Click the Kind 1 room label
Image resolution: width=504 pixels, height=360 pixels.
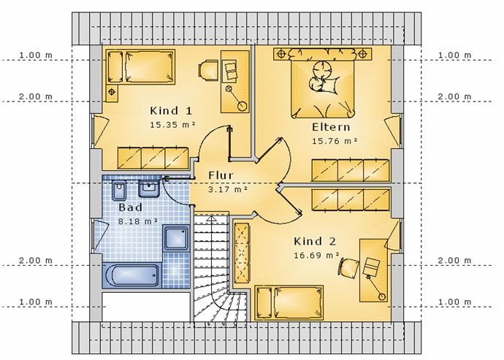click(171, 111)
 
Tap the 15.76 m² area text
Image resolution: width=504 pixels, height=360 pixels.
click(335, 141)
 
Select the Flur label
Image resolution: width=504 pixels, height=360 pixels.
click(221, 175)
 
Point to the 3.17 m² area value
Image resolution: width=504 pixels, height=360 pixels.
click(228, 189)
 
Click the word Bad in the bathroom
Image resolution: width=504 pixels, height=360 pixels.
click(130, 207)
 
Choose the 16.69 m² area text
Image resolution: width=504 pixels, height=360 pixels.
click(316, 256)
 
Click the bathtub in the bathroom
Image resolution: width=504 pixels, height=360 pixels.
click(132, 275)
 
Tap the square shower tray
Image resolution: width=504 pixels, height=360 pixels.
click(176, 238)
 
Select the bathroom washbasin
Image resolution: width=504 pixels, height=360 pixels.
click(149, 188)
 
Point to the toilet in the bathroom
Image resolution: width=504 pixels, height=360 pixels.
click(118, 190)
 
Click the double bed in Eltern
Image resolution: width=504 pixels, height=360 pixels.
click(323, 83)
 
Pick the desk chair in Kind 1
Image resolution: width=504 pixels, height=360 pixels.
click(208, 69)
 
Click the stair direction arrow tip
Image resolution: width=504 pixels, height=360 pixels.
click(211, 218)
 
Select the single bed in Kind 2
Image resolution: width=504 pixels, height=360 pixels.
click(289, 303)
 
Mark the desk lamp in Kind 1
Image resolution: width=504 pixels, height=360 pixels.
click(236, 97)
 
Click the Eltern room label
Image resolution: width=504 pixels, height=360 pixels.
click(331, 127)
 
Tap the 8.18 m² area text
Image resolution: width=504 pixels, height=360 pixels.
click(138, 221)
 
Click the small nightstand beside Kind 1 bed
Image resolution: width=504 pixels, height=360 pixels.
click(112, 93)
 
